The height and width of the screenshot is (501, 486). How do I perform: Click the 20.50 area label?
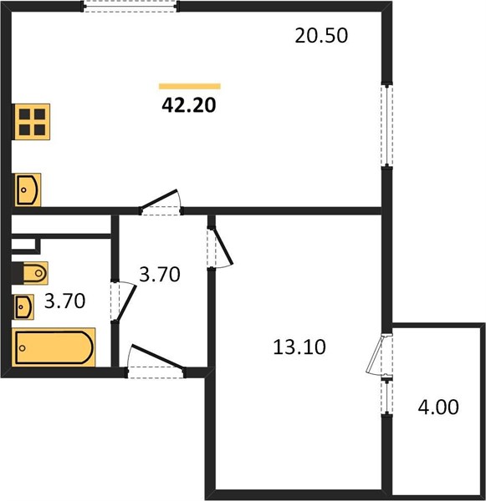tap(321, 35)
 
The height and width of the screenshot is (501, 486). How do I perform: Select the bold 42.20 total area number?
tap(189, 105)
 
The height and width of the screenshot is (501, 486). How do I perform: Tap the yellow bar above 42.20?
tap(190, 86)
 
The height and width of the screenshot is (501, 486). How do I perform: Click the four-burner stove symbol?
tap(32, 122)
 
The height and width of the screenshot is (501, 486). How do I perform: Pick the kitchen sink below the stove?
tap(28, 190)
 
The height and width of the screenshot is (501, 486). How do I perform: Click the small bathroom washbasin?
tap(24, 307)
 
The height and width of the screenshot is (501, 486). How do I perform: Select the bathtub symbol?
tap(54, 347)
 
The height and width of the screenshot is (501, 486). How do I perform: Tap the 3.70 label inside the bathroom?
tap(64, 301)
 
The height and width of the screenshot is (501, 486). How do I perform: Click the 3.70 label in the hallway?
tap(160, 274)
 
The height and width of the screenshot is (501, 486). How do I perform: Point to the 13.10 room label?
tap(299, 347)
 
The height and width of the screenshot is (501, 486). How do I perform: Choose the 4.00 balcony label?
tap(438, 407)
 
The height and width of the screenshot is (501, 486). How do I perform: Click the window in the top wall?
tap(130, 7)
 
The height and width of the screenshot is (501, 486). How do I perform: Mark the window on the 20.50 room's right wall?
tap(387, 124)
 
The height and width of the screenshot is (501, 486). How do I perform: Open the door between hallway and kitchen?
tap(159, 200)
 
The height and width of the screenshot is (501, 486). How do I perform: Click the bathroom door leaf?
tap(125, 302)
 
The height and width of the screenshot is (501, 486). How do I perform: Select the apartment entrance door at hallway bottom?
tap(157, 357)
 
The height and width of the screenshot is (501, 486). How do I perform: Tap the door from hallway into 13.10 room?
tap(223, 246)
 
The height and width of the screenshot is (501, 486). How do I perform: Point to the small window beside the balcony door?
tap(387, 397)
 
